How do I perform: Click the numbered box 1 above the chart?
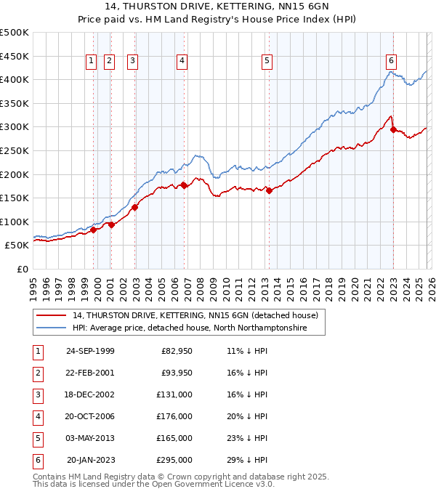click(92, 62)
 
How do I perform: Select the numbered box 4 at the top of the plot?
click(181, 62)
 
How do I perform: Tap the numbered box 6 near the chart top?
click(391, 62)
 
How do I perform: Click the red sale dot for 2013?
click(269, 191)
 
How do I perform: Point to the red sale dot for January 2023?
click(393, 130)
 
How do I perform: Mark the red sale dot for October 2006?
click(185, 185)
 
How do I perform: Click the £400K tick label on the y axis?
click(15, 79)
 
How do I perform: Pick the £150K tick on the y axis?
click(15, 198)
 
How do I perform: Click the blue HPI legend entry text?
click(189, 328)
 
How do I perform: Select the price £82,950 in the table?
click(174, 352)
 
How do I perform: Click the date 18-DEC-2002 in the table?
click(90, 394)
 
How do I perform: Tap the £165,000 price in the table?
click(174, 438)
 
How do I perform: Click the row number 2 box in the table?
click(36, 373)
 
